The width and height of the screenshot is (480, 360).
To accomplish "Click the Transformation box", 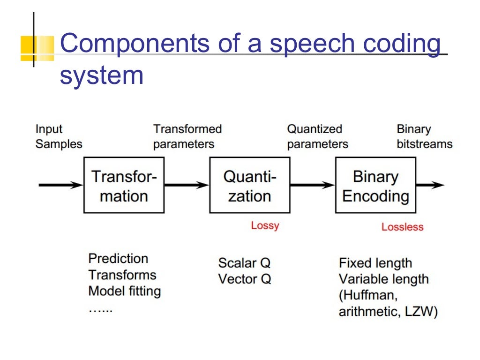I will (x=124, y=185).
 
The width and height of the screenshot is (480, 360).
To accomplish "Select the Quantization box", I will (x=249, y=185).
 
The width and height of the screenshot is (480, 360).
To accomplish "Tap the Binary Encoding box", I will (x=375, y=185).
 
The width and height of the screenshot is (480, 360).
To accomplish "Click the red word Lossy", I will (x=265, y=225).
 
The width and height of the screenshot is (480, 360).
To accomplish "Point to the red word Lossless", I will (x=402, y=227).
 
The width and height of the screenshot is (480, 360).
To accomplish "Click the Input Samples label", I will (x=59, y=136).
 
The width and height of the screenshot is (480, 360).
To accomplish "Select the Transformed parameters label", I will (x=187, y=136).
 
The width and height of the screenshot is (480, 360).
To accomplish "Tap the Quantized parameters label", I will (x=317, y=136).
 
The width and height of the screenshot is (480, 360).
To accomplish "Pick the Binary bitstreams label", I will (x=424, y=136).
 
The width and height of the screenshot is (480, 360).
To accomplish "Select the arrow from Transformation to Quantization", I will (x=187, y=185).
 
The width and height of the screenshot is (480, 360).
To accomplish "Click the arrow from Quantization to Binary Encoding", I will (x=312, y=185).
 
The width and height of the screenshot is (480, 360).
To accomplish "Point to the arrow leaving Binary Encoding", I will (x=429, y=185).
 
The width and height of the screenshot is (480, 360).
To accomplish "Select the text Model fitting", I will (x=124, y=291).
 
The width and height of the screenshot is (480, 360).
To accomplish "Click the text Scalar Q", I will (x=244, y=262).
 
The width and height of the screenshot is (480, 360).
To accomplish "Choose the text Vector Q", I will (x=244, y=279).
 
